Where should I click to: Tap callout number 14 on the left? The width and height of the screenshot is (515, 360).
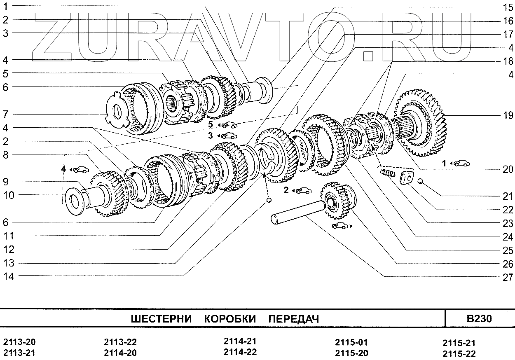[x=9, y=277]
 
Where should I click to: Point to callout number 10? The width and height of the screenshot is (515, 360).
[x=9, y=195]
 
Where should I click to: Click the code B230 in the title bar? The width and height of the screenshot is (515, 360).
[x=479, y=318]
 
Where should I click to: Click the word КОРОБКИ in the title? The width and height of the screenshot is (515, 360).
[x=230, y=319]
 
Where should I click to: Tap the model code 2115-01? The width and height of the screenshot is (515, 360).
[x=351, y=342]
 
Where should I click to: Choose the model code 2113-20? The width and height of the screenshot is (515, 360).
[x=19, y=342]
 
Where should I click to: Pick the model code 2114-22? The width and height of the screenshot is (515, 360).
[x=240, y=352]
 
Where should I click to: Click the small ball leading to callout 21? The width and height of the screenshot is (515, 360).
[x=420, y=181]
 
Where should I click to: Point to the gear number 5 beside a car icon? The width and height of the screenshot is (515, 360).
[x=210, y=124]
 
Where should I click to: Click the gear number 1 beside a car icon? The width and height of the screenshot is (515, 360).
[x=444, y=164]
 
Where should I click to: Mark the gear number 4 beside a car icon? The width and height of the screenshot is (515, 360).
[x=64, y=168]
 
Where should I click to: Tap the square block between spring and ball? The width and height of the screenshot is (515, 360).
[x=406, y=178]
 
